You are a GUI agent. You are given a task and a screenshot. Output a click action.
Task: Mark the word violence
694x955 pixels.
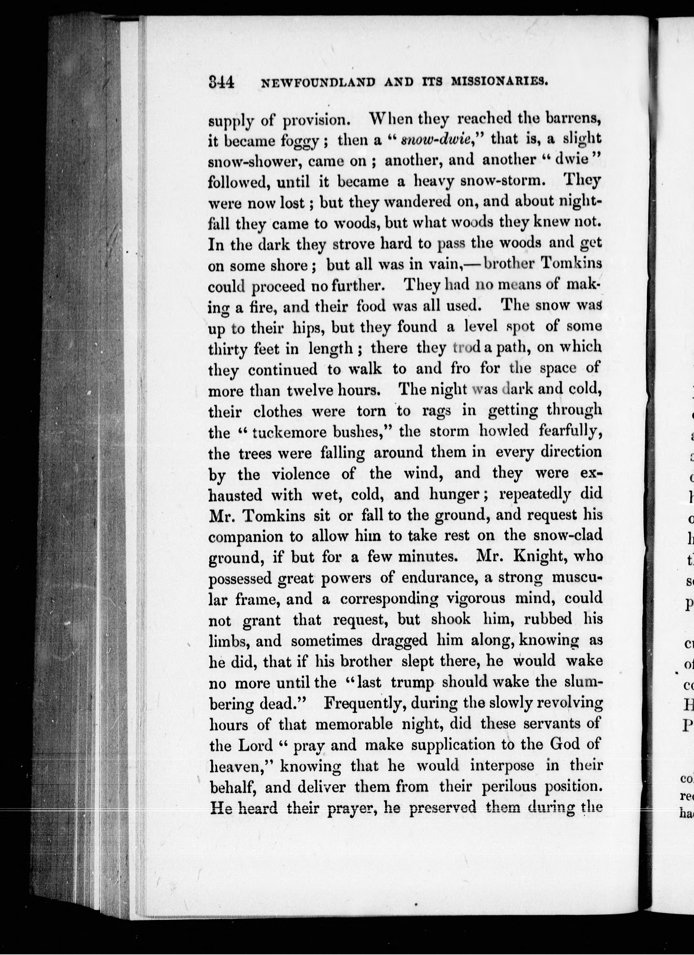[300, 474]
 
